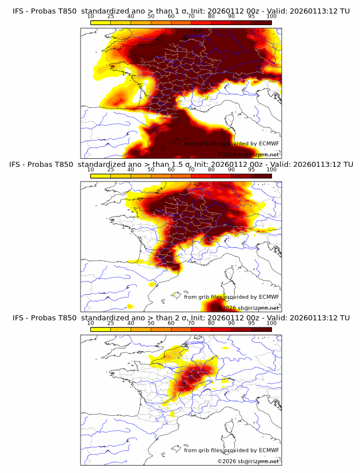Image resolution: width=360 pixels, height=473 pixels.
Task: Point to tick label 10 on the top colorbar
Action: click(91, 17)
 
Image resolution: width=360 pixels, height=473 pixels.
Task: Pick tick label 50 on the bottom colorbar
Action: click(151, 323)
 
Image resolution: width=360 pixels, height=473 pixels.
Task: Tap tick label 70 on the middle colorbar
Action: click(191, 170)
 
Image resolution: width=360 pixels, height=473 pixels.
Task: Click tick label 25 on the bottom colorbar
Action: click(111, 323)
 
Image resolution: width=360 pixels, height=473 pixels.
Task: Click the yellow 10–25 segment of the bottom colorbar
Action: click(101, 328)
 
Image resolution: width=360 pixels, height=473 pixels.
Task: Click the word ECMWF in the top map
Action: click(269, 144)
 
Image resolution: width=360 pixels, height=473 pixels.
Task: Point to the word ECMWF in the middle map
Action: click(269, 297)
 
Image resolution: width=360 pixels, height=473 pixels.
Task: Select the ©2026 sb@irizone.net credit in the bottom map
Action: click(248, 461)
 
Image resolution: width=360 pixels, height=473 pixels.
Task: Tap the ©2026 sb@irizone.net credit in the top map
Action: click(248, 155)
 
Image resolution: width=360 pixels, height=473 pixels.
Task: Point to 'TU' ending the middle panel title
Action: click(345, 165)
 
